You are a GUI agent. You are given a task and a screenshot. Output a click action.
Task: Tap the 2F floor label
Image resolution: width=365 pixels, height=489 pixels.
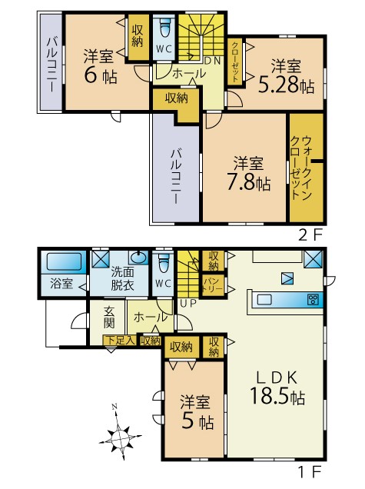click(310, 235)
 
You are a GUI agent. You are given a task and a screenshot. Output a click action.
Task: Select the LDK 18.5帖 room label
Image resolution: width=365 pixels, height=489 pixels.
click(277, 388)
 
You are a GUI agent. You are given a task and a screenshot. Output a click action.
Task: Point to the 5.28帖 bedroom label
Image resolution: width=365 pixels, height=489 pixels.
click(286, 76)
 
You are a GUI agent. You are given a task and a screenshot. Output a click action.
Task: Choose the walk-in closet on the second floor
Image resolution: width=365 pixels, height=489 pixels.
click(307, 168)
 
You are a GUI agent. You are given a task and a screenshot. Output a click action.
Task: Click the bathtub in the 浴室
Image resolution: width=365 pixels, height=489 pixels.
click(64, 261)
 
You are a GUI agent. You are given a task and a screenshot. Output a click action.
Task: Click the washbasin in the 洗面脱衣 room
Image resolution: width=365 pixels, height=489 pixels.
click(138, 258)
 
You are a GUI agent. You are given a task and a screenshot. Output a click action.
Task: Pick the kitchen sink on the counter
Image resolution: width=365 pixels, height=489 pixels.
click(264, 300)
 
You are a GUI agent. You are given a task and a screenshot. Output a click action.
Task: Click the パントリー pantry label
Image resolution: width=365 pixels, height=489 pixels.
click(213, 285)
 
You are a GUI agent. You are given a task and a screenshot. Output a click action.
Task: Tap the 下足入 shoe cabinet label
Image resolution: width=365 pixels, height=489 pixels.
click(121, 340)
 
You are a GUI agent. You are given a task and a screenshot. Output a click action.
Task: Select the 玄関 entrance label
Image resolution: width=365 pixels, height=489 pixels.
click(109, 318)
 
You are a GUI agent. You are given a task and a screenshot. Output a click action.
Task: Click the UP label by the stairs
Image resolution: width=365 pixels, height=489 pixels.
click(188, 303)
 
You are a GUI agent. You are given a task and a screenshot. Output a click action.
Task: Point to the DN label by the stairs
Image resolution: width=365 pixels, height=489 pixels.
click(213, 61)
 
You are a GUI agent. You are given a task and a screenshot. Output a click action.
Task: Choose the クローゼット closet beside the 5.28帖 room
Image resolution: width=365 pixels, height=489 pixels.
click(234, 62)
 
